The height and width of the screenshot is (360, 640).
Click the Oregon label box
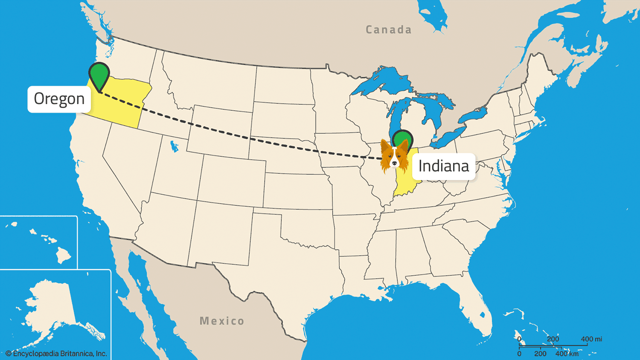click(x=59, y=99)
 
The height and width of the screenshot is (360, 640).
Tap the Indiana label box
click(x=443, y=166)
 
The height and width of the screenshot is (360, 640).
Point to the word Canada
click(x=388, y=30)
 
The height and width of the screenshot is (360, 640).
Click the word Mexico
click(x=222, y=321)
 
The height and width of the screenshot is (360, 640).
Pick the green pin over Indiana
click(x=403, y=139)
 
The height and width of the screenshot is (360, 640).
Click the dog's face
click(x=393, y=158)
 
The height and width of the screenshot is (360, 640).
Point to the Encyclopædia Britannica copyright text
click(x=56, y=354)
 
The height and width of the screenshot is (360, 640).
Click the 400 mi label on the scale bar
click(x=591, y=339)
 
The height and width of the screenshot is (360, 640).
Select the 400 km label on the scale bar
click(x=567, y=354)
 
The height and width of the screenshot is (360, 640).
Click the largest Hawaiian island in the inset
click(x=64, y=255)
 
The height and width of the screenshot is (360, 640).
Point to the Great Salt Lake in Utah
click(x=174, y=147)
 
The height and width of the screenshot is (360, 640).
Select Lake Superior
click(x=384, y=81)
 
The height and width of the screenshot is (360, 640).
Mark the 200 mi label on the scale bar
click(x=553, y=339)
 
